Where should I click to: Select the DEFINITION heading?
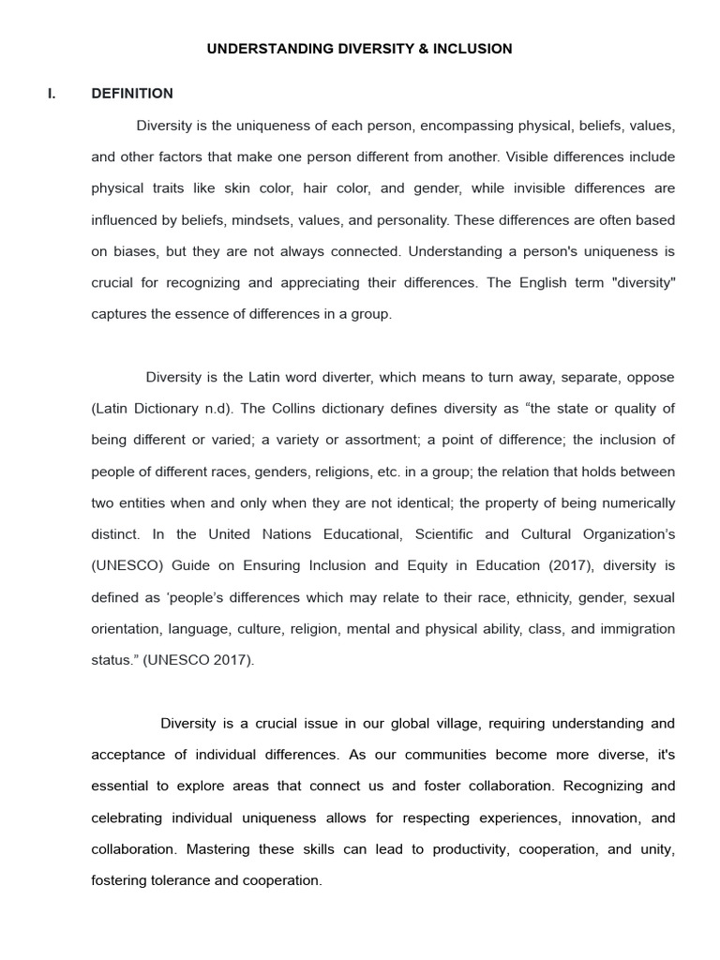132,94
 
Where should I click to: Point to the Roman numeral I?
52,94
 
